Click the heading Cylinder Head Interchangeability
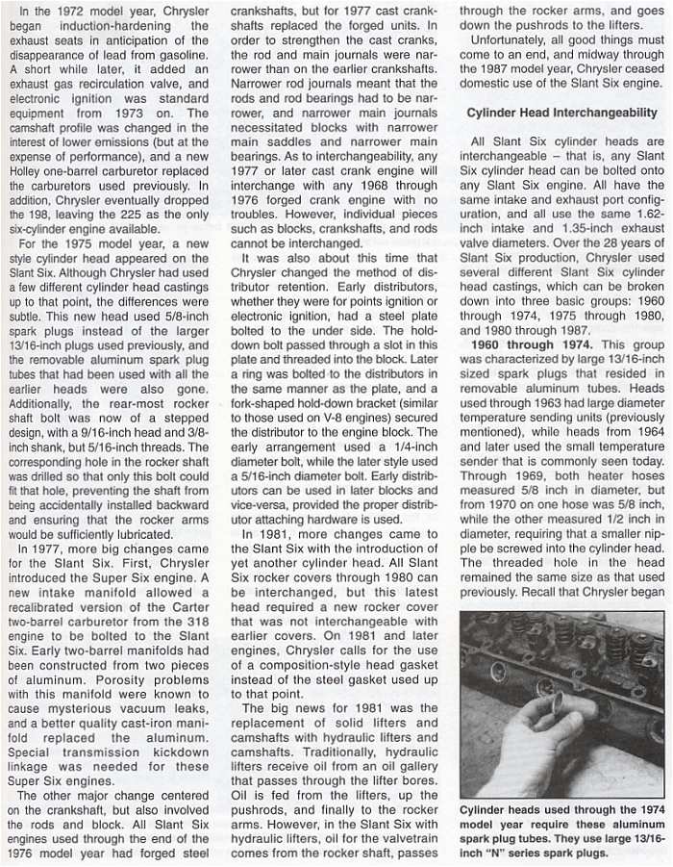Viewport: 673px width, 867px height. tap(561, 113)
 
